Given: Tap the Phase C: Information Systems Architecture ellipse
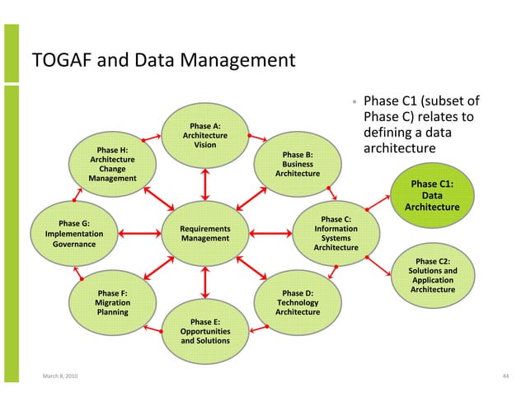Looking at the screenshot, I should point(336,233).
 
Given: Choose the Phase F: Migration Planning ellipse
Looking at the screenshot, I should point(112,301).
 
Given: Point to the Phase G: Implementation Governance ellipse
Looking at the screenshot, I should point(73,233).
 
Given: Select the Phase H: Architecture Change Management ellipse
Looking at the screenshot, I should point(112,163).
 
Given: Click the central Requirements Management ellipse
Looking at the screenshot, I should point(204,233).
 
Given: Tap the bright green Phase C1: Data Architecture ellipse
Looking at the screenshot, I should point(432,195).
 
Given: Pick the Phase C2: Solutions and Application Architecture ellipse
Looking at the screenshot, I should point(432,275).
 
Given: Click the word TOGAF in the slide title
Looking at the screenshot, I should point(58,60).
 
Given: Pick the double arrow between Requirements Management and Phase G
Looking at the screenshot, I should point(139,233).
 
